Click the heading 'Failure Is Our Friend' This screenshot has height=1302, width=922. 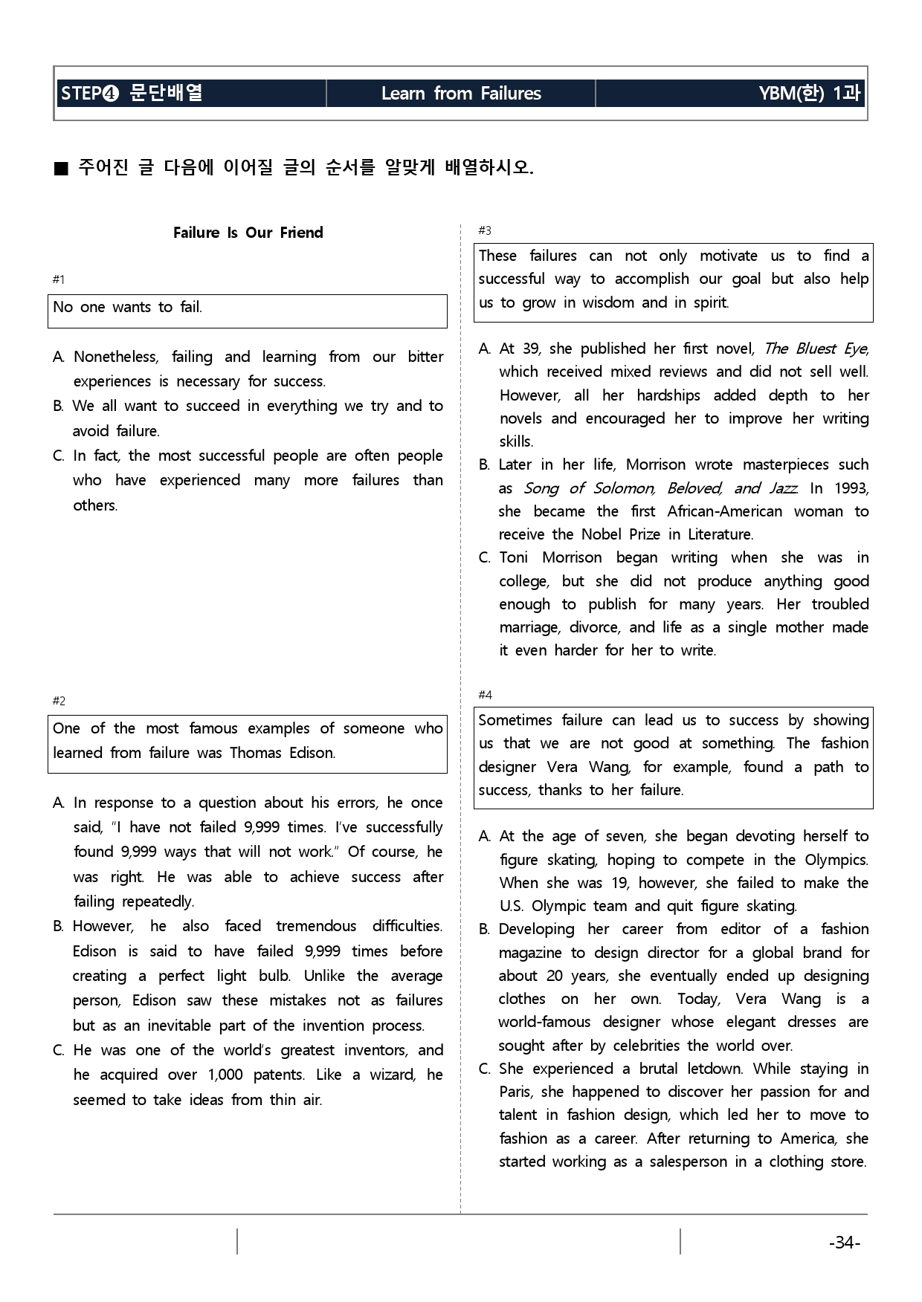tap(248, 233)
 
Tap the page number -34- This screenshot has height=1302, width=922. tap(844, 1243)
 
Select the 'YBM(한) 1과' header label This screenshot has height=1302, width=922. tap(809, 94)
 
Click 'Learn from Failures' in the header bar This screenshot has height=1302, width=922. tap(461, 94)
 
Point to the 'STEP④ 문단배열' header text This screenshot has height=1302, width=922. tap(132, 94)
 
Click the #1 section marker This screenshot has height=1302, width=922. tap(59, 279)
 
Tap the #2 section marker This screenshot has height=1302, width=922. tap(59, 701)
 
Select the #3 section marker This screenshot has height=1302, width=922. tap(485, 231)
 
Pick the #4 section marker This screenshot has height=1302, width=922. tap(485, 695)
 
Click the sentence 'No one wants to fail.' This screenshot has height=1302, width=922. tap(128, 307)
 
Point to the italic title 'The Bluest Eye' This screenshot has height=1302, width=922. tap(816, 349)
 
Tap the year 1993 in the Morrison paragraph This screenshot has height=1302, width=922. tap(850, 488)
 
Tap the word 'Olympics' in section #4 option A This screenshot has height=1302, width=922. tap(836, 860)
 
